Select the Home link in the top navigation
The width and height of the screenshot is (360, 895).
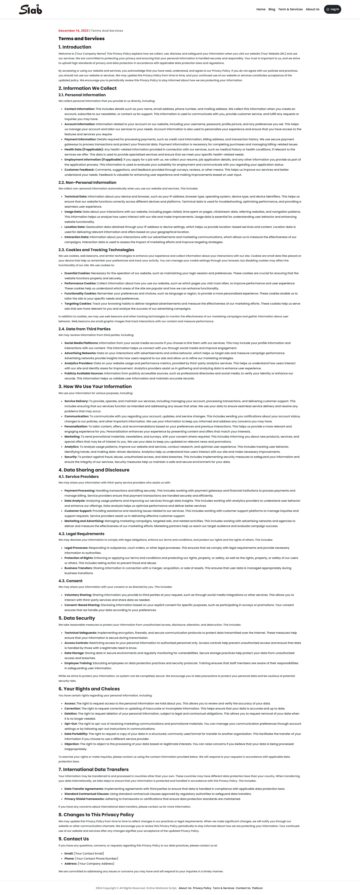[261, 9]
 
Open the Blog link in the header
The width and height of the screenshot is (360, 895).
[272, 9]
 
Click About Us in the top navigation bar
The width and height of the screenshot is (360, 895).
[312, 9]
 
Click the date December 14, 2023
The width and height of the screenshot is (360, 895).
[73, 31]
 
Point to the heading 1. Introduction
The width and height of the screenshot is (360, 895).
[75, 47]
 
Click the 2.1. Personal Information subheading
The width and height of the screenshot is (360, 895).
[82, 95]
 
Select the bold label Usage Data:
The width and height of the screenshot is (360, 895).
[73, 212]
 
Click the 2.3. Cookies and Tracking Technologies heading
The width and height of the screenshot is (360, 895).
[96, 250]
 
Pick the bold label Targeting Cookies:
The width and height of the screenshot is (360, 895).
[78, 304]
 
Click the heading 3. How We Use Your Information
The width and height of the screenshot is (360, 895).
[95, 386]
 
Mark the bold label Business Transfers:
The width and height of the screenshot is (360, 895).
[78, 568]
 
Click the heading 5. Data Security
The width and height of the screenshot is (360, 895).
[76, 618]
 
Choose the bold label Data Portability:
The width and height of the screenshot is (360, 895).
[76, 734]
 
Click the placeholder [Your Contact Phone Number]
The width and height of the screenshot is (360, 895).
[97, 859]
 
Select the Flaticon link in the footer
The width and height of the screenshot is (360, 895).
[257, 888]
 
